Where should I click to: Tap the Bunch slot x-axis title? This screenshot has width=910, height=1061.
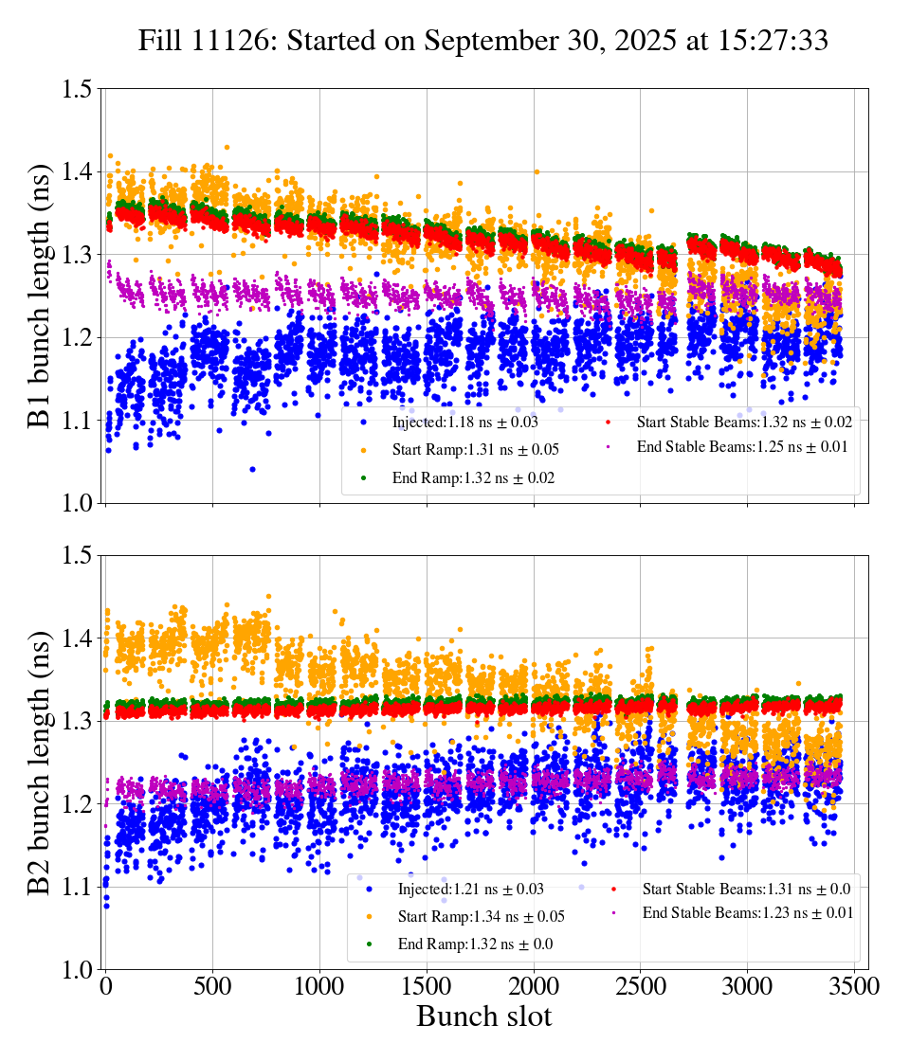pyautogui.click(x=483, y=1017)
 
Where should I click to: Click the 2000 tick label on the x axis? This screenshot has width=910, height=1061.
pyautogui.click(x=535, y=986)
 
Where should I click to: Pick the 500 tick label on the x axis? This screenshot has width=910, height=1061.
pyautogui.click(x=213, y=986)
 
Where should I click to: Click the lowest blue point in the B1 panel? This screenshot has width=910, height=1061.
pyautogui.click(x=252, y=469)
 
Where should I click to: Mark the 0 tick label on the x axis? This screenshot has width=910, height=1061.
pyautogui.click(x=106, y=986)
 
